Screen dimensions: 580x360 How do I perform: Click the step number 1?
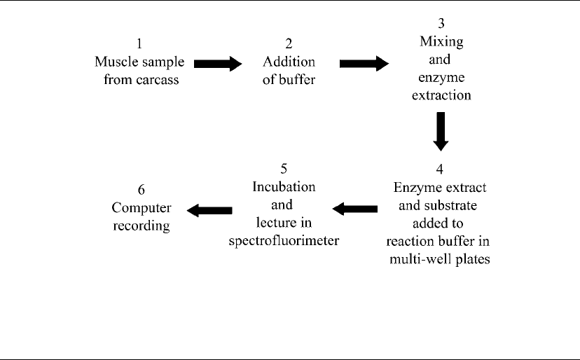pos(139,43)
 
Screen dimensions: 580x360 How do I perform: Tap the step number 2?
pos(289,43)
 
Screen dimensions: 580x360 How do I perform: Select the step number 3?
pos(441,23)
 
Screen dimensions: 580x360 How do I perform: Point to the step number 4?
pos(439,169)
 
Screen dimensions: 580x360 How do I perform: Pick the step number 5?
pos(284,169)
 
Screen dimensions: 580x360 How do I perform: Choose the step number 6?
pos(141,189)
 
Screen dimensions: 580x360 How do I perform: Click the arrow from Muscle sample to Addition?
pos(218,64)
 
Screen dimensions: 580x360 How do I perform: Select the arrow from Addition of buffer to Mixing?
pos(364,64)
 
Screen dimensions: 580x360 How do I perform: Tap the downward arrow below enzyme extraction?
pos(441,132)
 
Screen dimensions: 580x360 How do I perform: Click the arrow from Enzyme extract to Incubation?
pos(355,209)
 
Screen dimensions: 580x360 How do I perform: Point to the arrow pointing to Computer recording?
pos(209,211)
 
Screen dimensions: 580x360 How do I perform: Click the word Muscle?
pos(116,62)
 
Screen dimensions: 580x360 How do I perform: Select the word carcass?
pos(157,80)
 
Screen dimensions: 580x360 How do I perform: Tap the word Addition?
pos(289,62)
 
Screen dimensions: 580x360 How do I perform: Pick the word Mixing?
pos(441,42)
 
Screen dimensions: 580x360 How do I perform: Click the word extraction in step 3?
pos(442,95)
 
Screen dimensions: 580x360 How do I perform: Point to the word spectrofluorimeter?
pos(284,241)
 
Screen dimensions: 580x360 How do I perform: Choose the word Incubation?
pos(284,187)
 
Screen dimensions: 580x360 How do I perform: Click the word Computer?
pos(141,208)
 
